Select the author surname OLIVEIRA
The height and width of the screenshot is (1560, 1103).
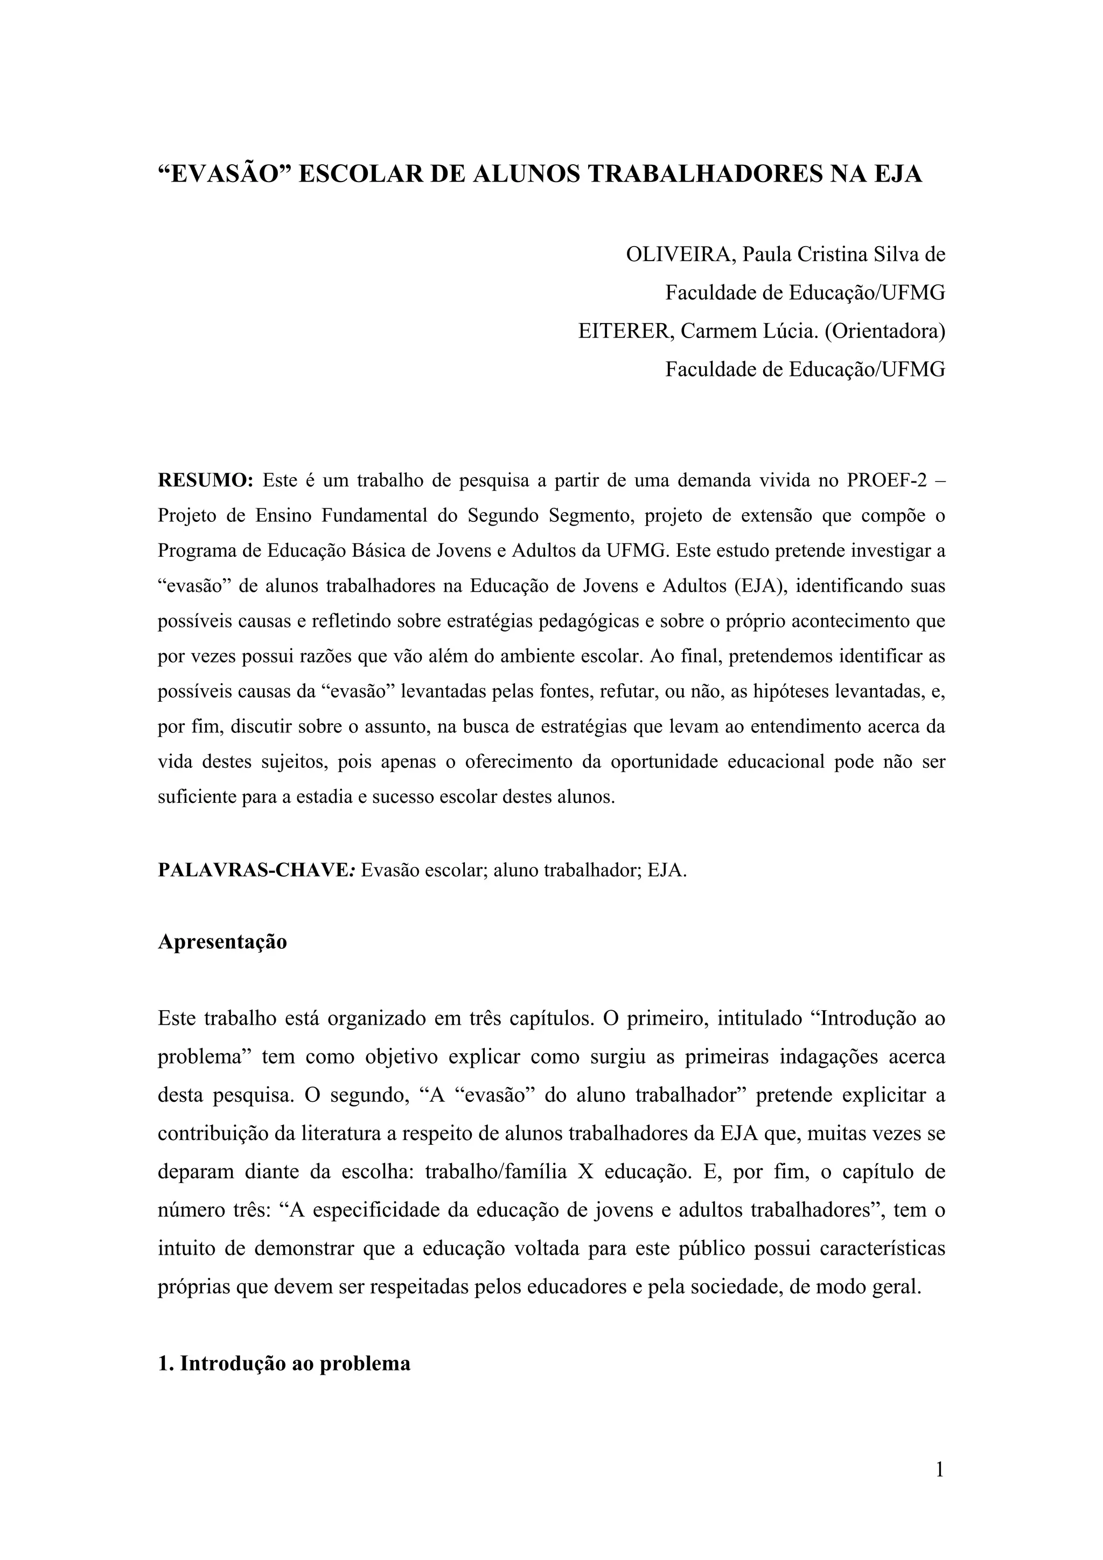click(680, 254)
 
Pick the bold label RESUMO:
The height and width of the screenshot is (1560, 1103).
click(205, 480)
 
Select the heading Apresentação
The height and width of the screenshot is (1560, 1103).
click(222, 942)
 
